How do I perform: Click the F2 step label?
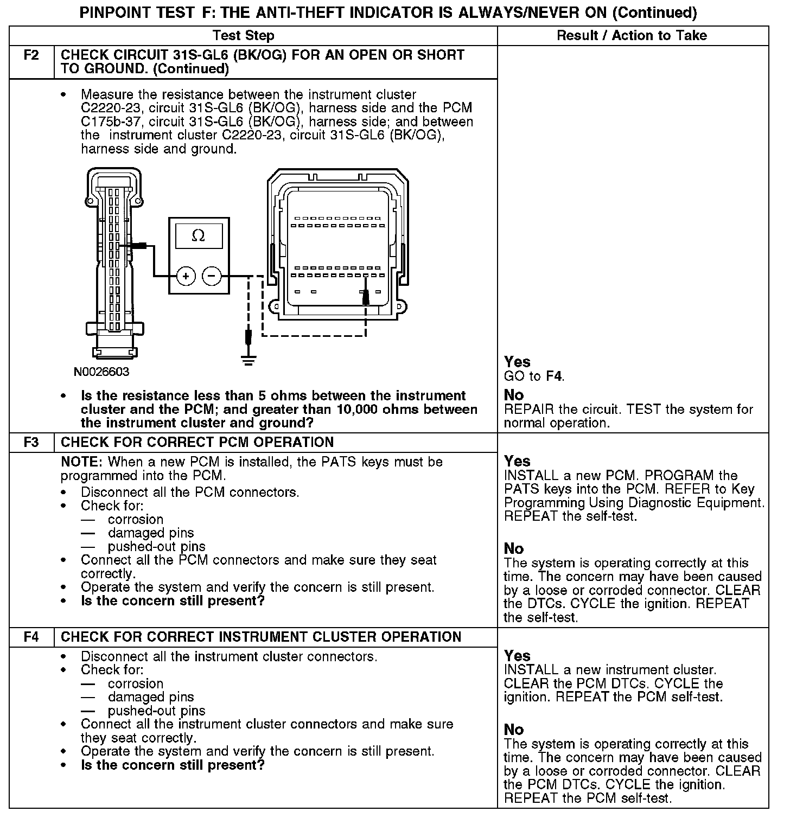click(31, 55)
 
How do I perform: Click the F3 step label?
click(31, 442)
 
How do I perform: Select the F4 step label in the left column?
click(31, 637)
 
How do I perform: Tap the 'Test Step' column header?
click(243, 36)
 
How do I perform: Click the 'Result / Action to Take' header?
click(632, 36)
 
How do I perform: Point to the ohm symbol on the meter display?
click(199, 236)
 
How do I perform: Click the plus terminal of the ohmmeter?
click(186, 276)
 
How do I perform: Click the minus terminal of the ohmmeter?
click(212, 276)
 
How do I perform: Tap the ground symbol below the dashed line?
click(249, 359)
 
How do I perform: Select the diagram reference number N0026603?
click(102, 372)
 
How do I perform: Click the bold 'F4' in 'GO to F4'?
click(554, 376)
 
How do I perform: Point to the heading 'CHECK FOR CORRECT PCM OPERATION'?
click(197, 442)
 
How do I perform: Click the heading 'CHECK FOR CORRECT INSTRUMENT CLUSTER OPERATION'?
click(261, 637)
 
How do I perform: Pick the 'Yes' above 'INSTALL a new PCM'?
click(517, 461)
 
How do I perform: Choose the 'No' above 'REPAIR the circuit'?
click(514, 395)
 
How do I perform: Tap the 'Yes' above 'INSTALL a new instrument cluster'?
click(517, 656)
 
